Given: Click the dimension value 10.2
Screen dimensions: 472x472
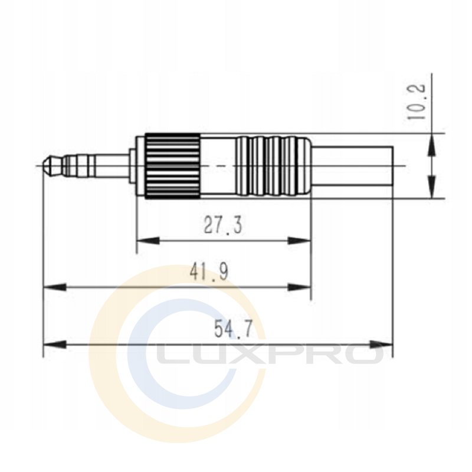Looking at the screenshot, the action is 416,101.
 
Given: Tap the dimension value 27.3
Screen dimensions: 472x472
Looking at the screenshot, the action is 223,225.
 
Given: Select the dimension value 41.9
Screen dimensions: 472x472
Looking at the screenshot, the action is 209,271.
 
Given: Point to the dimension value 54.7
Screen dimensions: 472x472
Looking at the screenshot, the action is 233,329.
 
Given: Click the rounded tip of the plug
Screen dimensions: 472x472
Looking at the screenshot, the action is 47,166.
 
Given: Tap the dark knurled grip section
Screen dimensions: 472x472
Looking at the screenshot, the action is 172,166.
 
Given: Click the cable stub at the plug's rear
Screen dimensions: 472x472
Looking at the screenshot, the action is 352,166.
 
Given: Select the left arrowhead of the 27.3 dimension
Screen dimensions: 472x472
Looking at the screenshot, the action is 147,241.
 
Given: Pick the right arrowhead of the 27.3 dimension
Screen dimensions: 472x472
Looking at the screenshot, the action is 299,241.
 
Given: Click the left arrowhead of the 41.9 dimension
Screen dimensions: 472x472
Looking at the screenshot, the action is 55,287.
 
